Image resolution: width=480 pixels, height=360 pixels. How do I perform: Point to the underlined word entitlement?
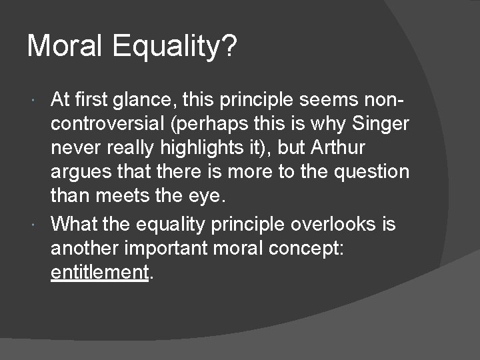coord(99,272)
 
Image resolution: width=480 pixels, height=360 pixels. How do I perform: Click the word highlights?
coord(210,148)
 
